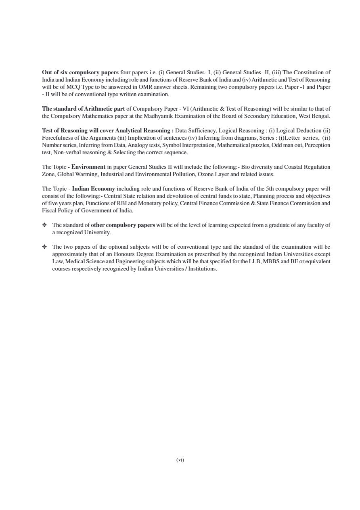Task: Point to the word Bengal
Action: (321, 116)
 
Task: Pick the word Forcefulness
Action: (57, 138)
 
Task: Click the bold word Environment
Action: (88, 167)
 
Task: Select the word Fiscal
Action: (50, 210)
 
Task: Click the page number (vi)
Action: (180, 460)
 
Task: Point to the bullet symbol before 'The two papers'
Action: (44, 247)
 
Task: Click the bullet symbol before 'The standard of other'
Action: (44, 225)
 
